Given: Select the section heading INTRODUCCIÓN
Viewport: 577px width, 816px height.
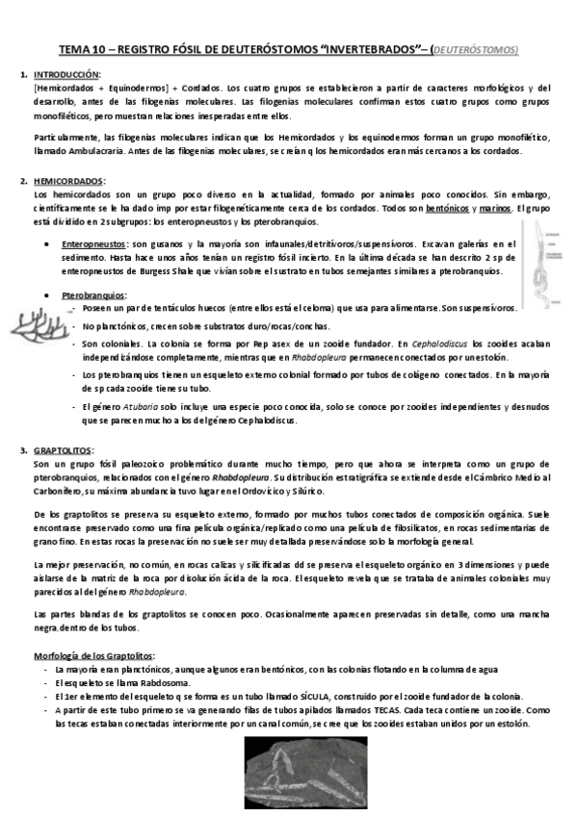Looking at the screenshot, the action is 67,75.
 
